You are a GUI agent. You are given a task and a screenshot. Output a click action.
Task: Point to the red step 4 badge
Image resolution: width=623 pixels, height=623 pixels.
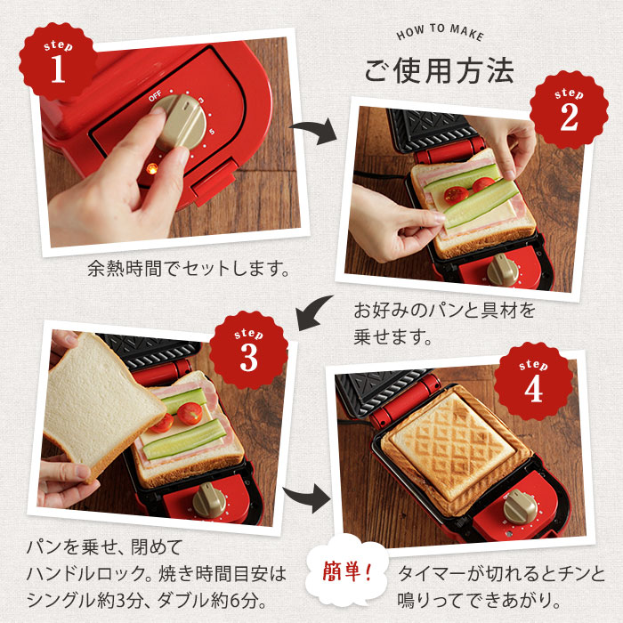pyautogui.click(x=533, y=381)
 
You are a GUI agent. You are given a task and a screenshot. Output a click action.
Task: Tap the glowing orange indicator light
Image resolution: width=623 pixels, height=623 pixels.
pyautogui.click(x=151, y=166)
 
